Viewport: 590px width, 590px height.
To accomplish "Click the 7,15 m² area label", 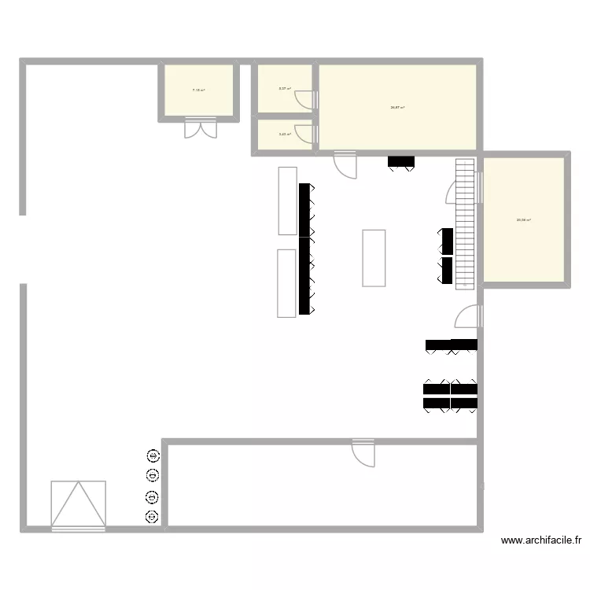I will (x=199, y=90).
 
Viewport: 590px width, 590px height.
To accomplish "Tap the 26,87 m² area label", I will (x=397, y=107).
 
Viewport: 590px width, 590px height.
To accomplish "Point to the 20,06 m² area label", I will (x=523, y=220).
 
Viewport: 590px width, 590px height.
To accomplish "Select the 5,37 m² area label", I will (x=285, y=88).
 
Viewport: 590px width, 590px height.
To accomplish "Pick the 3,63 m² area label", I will (x=285, y=135).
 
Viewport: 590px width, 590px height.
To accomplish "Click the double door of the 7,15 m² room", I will (x=200, y=127).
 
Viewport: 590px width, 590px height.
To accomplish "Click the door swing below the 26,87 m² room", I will (x=345, y=164).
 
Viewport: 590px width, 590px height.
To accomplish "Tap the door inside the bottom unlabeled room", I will (x=363, y=455).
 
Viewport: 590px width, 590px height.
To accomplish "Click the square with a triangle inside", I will (x=78, y=504).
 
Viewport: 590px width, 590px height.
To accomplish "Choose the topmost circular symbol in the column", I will (x=152, y=455).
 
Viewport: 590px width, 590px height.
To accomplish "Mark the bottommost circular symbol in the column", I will (x=152, y=517).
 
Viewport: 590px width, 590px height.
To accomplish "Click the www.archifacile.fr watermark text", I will (x=541, y=541).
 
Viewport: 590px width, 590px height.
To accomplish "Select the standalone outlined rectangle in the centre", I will (x=374, y=257).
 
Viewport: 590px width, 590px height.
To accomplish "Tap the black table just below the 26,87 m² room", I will (x=401, y=162).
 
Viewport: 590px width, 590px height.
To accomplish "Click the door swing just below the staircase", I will (x=468, y=316).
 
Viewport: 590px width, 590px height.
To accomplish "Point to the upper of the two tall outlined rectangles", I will (x=287, y=201).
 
